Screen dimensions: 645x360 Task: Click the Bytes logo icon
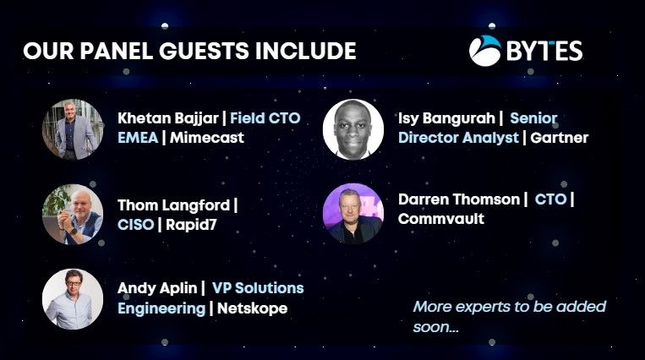pyautogui.click(x=485, y=51)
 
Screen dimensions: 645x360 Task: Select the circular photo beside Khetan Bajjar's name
pyautogui.click(x=73, y=129)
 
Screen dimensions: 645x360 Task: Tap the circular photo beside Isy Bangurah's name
pyautogui.click(x=353, y=129)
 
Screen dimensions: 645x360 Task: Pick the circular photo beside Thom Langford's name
pyautogui.click(x=73, y=215)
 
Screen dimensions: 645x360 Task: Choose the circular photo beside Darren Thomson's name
pyautogui.click(x=353, y=213)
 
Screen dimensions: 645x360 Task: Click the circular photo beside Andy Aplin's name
pyautogui.click(x=73, y=299)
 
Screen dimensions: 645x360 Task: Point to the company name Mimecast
pyautogui.click(x=207, y=138)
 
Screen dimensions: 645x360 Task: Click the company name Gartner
pyautogui.click(x=560, y=138)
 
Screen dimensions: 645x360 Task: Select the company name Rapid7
pyautogui.click(x=191, y=225)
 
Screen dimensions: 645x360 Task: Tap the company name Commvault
pyautogui.click(x=441, y=219)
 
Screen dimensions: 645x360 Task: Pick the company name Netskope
pyautogui.click(x=252, y=308)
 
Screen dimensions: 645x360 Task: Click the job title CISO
pyautogui.click(x=136, y=225)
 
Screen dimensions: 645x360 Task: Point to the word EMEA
pyautogui.click(x=138, y=138)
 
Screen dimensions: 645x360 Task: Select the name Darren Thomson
pyautogui.click(x=459, y=199)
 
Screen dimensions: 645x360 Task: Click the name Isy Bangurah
pyautogui.click(x=446, y=118)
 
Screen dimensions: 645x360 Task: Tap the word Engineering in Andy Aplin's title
pyautogui.click(x=161, y=308)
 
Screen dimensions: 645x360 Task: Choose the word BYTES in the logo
pyautogui.click(x=544, y=51)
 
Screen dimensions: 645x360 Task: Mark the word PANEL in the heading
pyautogui.click(x=117, y=51)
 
